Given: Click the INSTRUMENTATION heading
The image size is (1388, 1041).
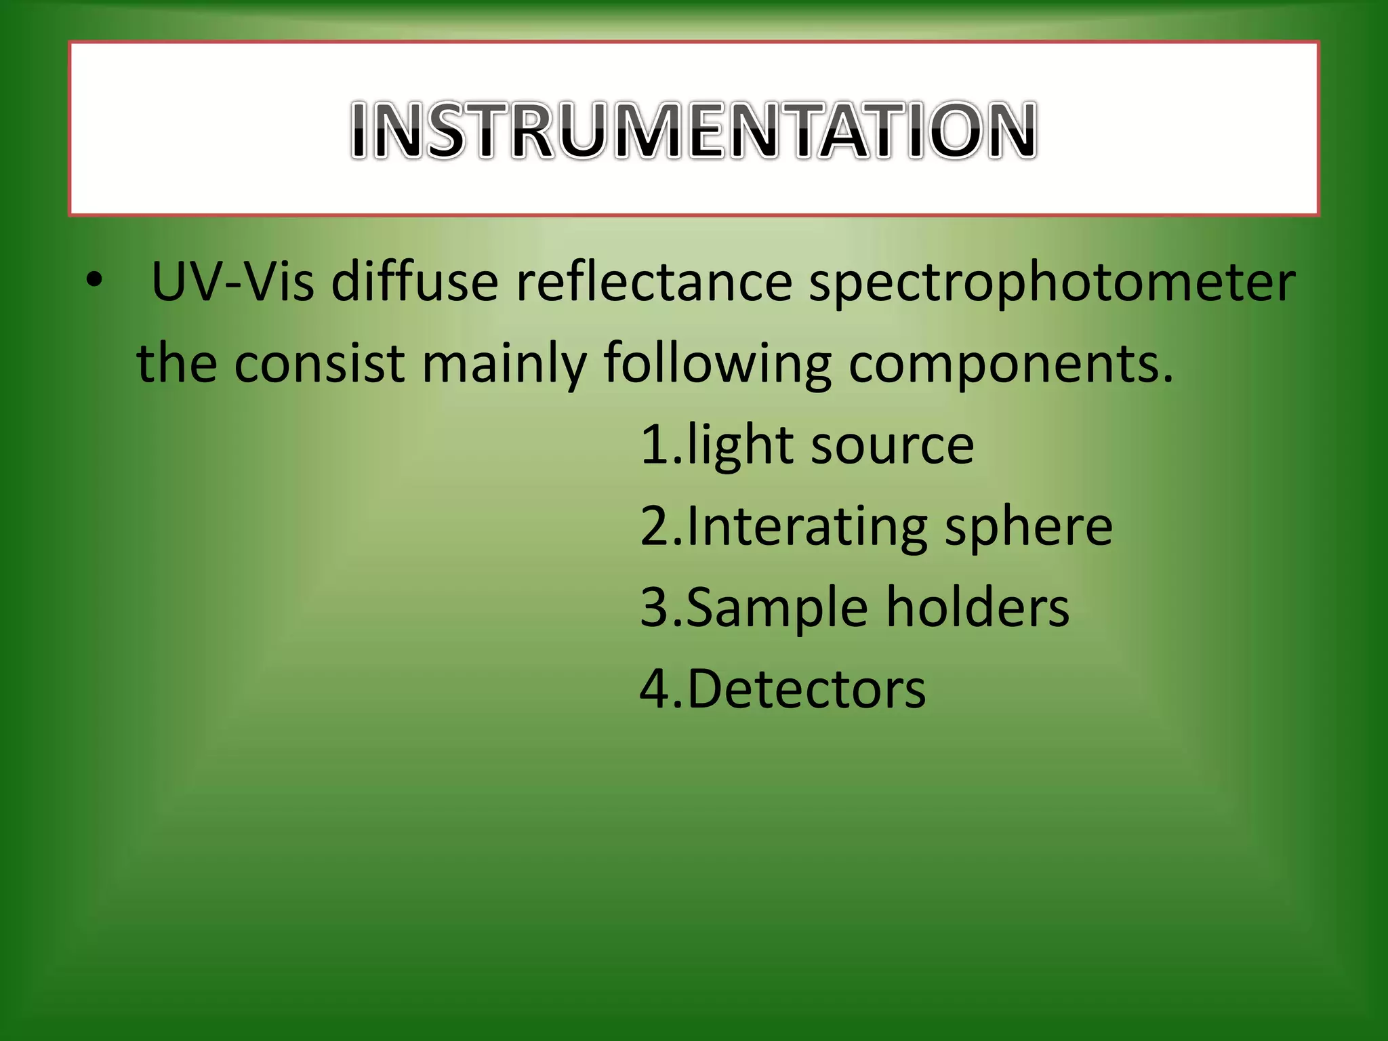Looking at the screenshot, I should coord(693,129).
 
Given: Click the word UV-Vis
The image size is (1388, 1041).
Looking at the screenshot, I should coord(232,281).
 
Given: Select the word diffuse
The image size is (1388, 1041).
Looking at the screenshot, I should coord(415,281).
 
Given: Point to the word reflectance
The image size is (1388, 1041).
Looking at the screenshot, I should coord(654,281).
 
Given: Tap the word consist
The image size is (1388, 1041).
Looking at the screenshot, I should coord(319,363).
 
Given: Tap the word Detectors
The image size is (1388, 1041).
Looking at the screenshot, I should coord(806,689).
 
